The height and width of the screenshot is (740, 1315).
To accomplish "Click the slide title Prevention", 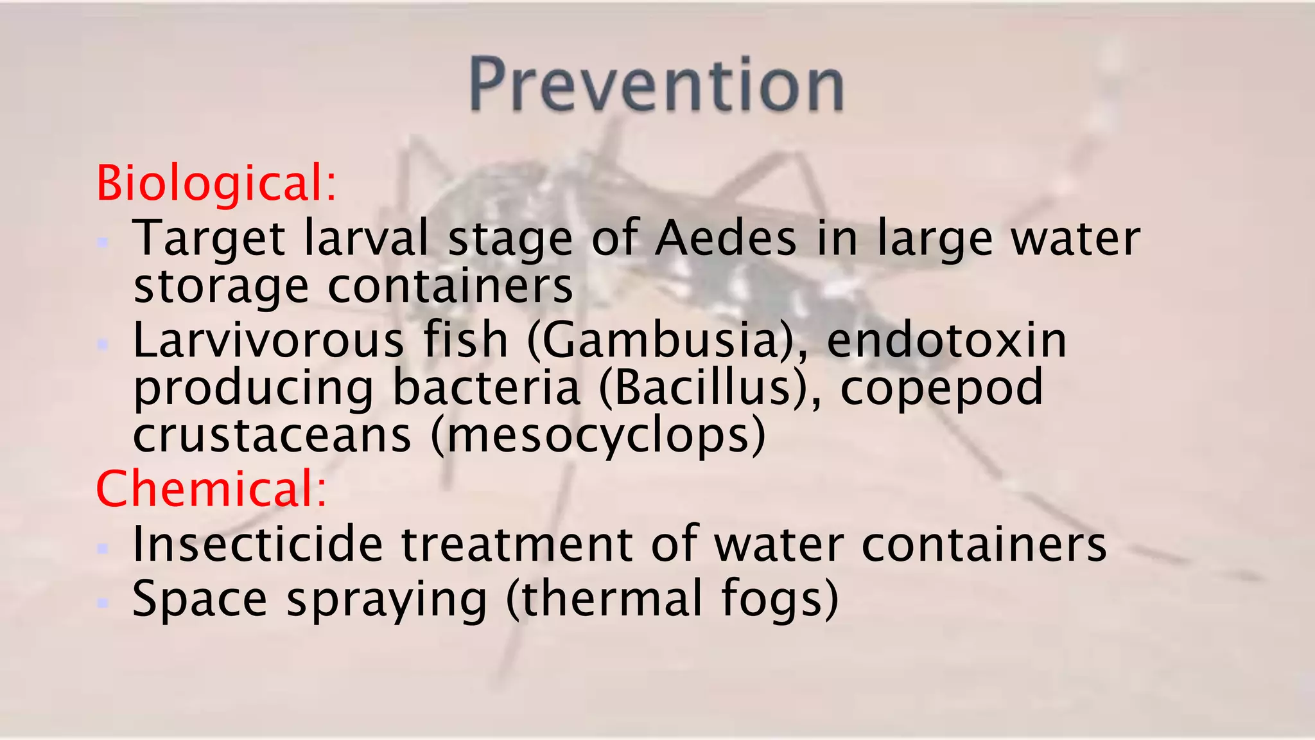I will [656, 85].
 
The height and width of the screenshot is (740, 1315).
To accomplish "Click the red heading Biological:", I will [216, 184].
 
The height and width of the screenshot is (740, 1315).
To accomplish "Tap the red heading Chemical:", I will [211, 489].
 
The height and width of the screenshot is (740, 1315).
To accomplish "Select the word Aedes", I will [726, 239].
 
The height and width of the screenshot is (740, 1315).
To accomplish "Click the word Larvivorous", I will [268, 340].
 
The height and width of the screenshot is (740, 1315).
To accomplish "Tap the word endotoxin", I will [947, 340].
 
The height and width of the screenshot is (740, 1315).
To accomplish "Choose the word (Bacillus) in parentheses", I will [701, 388].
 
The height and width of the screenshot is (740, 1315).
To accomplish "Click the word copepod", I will [942, 388].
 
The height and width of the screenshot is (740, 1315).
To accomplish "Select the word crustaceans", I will [272, 436].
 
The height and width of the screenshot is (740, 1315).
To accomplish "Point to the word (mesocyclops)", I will [598, 436].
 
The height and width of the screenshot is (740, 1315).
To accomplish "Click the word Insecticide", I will [257, 545].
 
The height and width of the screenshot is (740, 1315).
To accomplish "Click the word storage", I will [222, 286].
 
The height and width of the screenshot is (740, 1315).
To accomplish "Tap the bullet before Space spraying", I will [102, 603].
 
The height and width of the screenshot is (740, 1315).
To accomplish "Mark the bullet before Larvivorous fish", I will [102, 344].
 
